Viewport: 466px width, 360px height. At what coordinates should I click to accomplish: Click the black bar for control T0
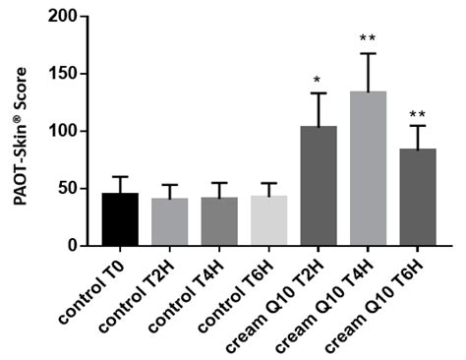tap(120, 219)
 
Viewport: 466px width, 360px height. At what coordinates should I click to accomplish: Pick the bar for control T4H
tap(219, 221)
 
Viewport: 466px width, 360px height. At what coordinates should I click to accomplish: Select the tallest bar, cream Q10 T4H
tap(368, 168)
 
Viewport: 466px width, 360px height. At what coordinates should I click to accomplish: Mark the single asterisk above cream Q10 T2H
tap(319, 80)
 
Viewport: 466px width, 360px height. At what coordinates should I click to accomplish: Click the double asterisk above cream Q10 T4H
tap(368, 39)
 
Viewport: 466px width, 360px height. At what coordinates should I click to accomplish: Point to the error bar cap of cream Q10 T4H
tap(368, 53)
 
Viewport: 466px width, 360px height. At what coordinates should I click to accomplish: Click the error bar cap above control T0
tap(120, 177)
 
